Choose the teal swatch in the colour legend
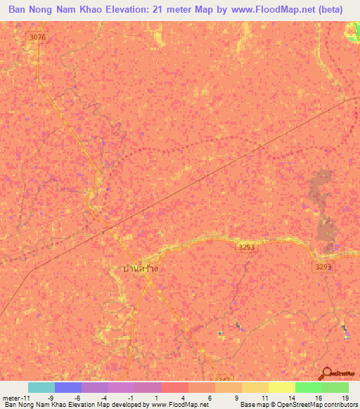pyautogui.click(x=41, y=387)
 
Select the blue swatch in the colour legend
pyautogui.click(x=68, y=387)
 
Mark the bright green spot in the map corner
pyautogui.click(x=353, y=30)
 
